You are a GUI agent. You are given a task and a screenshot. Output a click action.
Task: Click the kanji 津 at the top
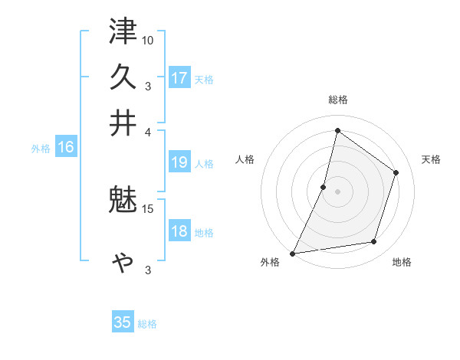pos(123,33)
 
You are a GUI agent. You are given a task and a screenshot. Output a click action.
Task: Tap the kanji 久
pos(123,77)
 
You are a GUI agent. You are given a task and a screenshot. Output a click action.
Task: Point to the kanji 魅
pos(123,202)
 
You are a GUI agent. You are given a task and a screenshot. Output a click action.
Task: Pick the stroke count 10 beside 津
pos(148,40)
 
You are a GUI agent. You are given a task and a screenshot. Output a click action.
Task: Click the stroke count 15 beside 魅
pos(148,208)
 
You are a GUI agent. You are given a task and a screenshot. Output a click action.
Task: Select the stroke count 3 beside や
pos(148,270)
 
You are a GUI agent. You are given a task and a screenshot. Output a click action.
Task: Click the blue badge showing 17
pos(179,78)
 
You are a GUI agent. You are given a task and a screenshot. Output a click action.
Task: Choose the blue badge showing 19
pos(179,162)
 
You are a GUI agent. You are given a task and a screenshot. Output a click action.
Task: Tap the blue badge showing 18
pos(179,231)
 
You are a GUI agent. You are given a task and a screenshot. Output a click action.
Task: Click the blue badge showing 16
pos(66,148)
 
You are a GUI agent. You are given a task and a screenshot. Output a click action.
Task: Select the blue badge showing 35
pos(123,322)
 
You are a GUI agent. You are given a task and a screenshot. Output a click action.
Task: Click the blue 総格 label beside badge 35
pos(148,324)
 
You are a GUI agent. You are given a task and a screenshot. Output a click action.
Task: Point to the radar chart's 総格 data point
pos(337,130)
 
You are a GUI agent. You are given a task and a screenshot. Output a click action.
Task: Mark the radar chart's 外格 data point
pos(293,253)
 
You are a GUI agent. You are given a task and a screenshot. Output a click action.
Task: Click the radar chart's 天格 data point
pos(396,172)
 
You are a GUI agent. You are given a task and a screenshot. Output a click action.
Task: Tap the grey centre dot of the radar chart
pos(337,191)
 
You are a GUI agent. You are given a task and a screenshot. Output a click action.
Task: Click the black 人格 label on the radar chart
pos(245,159)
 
